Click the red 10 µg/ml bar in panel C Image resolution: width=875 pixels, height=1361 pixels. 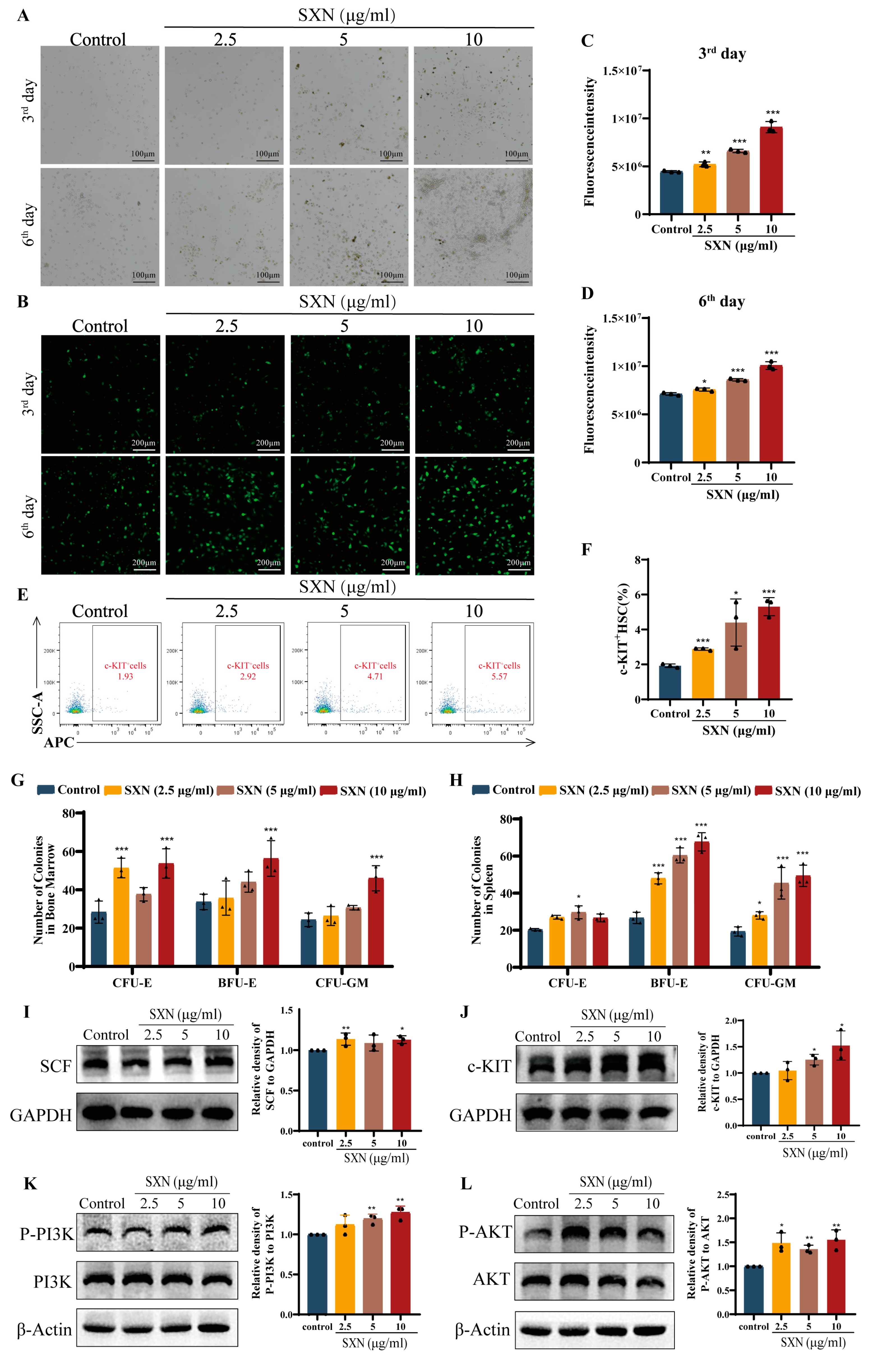(x=771, y=170)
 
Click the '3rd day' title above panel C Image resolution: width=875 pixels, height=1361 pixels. (x=722, y=54)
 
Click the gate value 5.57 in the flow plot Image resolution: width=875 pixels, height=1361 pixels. (x=499, y=676)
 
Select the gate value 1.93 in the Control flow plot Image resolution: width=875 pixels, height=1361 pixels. (x=125, y=676)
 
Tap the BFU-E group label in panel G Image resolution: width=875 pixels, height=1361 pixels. (x=237, y=983)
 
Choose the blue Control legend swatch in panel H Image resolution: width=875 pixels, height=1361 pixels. (x=481, y=790)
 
